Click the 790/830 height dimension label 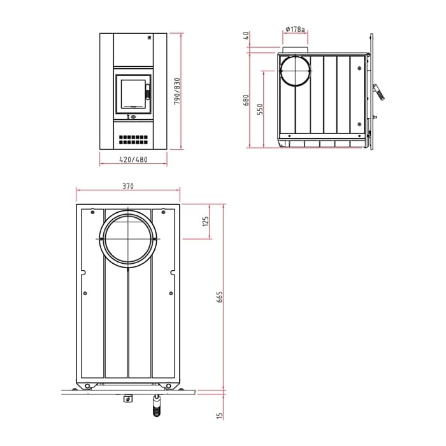point(177,91)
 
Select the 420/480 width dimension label point(133,159)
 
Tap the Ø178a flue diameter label point(295,29)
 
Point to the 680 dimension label point(246,100)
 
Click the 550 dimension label point(260,109)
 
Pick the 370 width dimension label point(128,186)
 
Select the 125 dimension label point(205,221)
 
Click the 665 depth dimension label point(220,297)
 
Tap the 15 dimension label point(219,415)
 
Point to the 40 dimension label point(247,35)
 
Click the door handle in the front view point(148,92)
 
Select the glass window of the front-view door point(133,94)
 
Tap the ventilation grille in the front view point(133,140)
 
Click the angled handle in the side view point(378,92)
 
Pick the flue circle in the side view point(295,71)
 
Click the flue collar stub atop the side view point(295,50)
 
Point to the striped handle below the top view point(157,406)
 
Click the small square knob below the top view point(128,399)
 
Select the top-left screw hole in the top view point(92,212)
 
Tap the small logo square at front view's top point(148,37)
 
